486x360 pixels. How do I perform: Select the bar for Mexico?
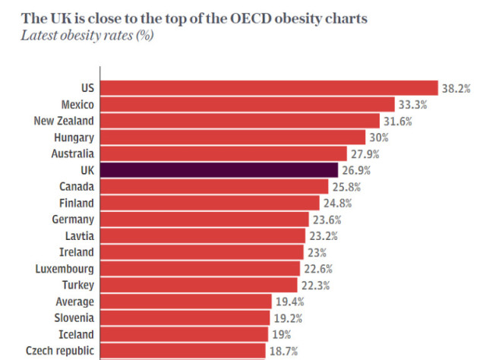point(248,104)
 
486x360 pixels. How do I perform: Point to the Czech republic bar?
point(183,350)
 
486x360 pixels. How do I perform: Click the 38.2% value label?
point(458,88)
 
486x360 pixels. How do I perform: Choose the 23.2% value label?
point(324,235)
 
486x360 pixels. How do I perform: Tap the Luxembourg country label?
point(65,268)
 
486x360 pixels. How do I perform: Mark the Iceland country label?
point(76,334)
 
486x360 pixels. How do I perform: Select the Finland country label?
point(77,203)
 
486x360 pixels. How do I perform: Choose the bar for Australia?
point(223,153)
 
